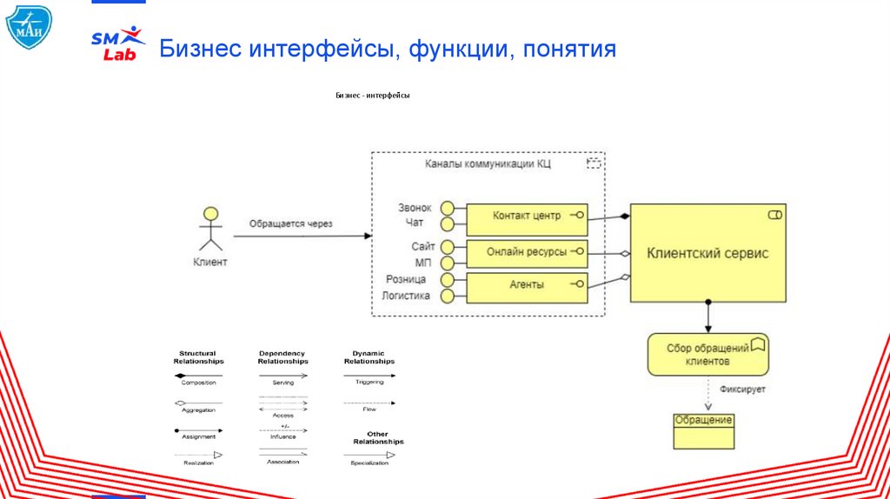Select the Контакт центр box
(527, 216)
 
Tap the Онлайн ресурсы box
(527, 252)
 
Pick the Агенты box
(527, 284)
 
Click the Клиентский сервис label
(707, 253)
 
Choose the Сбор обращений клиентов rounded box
(707, 354)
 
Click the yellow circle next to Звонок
(448, 208)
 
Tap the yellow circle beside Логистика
(448, 296)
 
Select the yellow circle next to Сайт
(448, 247)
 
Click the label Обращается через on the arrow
(290, 223)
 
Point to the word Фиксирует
(742, 389)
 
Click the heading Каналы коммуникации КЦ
(488, 163)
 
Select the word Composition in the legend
(198, 383)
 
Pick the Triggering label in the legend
(369, 382)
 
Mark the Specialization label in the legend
(369, 462)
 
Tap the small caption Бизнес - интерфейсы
(372, 96)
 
